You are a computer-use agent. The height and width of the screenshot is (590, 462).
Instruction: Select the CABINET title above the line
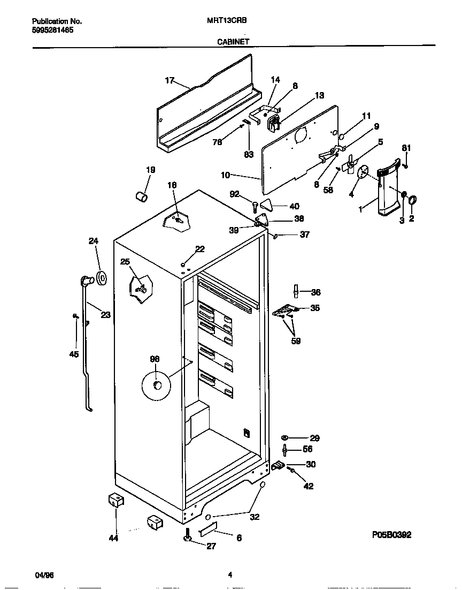233,41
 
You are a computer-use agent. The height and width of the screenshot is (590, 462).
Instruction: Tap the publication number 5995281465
53,31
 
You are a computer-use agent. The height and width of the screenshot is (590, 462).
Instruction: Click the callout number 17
170,80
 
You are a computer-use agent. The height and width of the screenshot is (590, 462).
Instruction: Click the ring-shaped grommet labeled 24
100,278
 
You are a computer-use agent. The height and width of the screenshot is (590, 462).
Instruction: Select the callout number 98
155,359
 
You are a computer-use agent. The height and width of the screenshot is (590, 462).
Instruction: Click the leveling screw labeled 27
188,534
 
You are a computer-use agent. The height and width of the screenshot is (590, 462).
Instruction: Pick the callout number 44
113,538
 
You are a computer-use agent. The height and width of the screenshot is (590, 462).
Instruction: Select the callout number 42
309,486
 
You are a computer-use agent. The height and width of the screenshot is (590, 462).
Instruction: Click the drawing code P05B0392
391,534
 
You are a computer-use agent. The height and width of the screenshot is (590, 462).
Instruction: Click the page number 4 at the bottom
230,575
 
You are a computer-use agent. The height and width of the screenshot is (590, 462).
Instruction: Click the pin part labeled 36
295,291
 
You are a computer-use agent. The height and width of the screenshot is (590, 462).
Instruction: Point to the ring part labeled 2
412,201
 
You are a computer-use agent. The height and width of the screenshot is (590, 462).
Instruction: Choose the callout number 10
226,175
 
